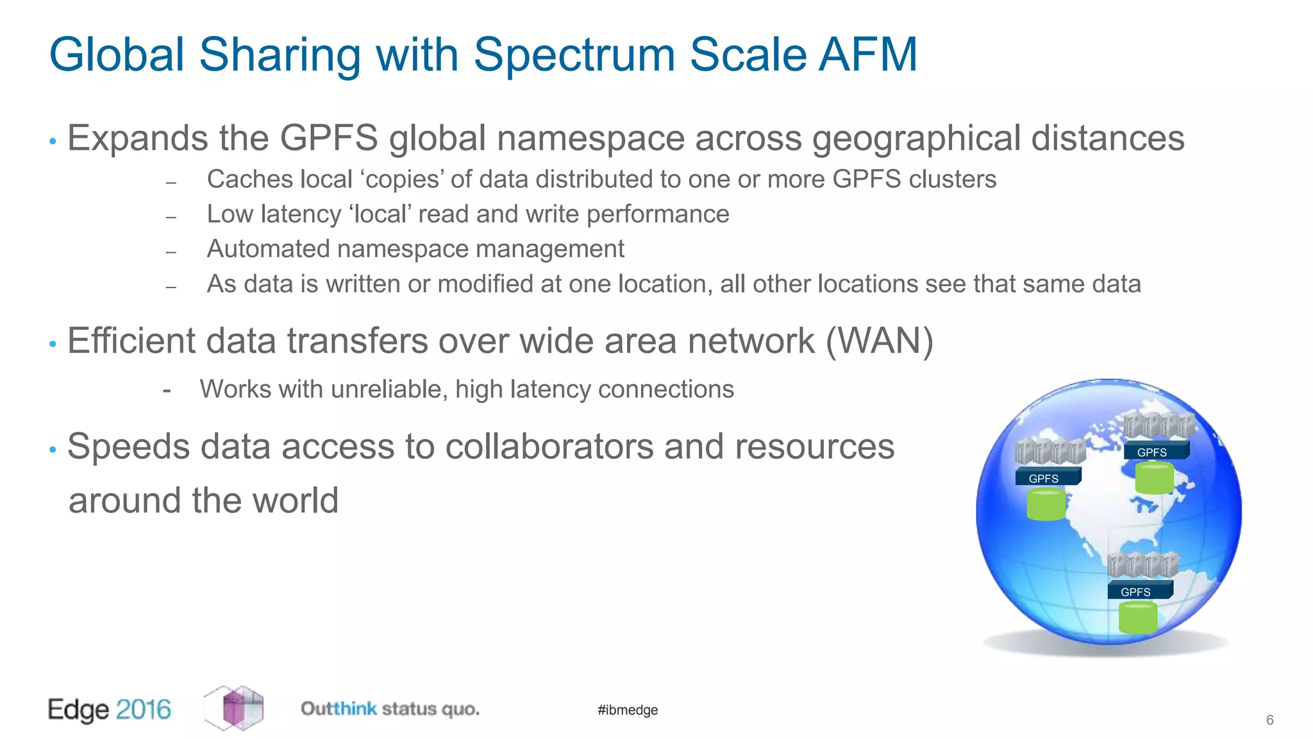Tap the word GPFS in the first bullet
(329, 138)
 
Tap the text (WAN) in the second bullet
(879, 341)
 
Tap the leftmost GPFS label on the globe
(1044, 479)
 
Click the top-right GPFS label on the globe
(1151, 452)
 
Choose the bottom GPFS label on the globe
(1135, 591)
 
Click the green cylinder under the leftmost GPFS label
(1046, 504)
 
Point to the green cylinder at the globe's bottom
(1138, 617)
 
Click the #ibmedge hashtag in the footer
(628, 710)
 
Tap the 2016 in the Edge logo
(144, 709)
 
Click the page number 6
(1269, 720)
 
